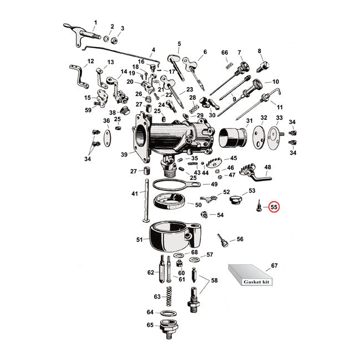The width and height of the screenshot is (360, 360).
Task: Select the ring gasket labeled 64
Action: pos(168,312)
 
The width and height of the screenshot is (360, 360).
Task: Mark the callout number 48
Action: pos(268,167)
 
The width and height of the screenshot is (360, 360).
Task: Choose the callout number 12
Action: pos(91,61)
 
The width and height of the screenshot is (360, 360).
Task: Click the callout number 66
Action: pos(224,52)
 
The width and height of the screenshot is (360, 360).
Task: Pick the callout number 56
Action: pos(240,239)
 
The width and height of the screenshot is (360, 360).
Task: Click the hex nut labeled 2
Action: pos(112,40)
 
